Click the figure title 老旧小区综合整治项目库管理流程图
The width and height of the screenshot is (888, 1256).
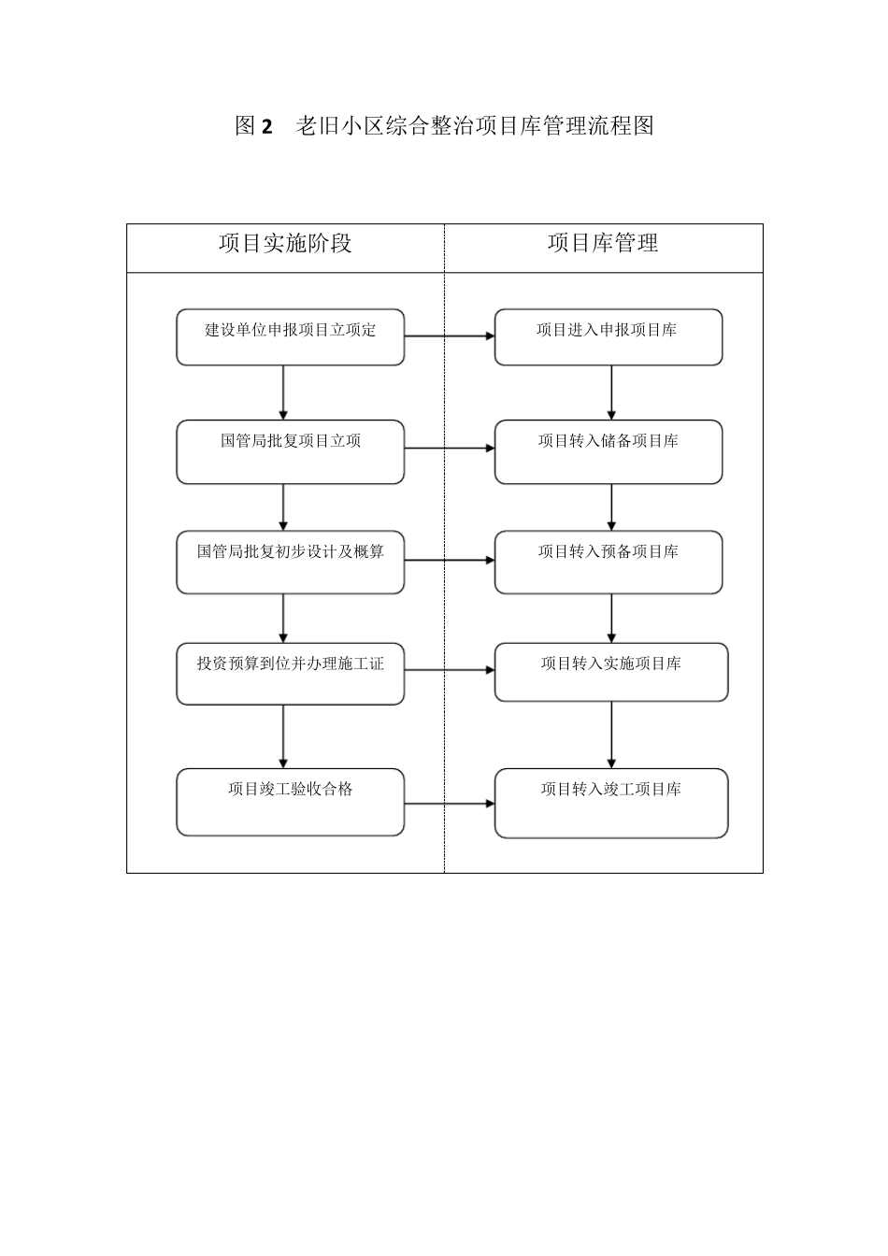tap(474, 126)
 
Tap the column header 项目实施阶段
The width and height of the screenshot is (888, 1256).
tap(285, 244)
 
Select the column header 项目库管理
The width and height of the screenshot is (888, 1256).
tap(603, 244)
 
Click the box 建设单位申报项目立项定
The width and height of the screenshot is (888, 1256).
tap(290, 337)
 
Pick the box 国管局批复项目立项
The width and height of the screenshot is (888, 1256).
tap(290, 451)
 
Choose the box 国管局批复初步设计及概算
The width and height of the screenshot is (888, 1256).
tap(290, 562)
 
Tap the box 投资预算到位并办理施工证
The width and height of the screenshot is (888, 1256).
tap(290, 673)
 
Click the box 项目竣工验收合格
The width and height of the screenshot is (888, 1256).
tap(290, 802)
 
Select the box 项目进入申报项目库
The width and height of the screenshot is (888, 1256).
tap(608, 337)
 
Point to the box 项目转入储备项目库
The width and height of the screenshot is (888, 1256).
tap(608, 451)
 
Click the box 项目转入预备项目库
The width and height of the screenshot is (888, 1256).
tap(608, 562)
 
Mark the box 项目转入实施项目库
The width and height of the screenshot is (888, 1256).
tap(610, 672)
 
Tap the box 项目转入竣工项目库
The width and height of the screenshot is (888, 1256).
tap(610, 803)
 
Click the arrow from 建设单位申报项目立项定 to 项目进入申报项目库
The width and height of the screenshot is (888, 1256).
tap(450, 335)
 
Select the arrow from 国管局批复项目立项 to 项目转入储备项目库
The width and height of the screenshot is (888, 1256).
tap(450, 449)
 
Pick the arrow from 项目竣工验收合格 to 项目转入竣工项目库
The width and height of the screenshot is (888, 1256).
tap(450, 804)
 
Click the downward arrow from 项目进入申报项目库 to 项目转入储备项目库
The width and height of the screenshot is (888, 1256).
tap(611, 392)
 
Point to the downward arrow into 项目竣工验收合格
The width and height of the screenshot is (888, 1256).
tap(283, 736)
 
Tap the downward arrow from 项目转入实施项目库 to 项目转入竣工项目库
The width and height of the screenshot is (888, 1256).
tap(611, 735)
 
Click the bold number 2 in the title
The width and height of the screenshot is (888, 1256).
tap(266, 127)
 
